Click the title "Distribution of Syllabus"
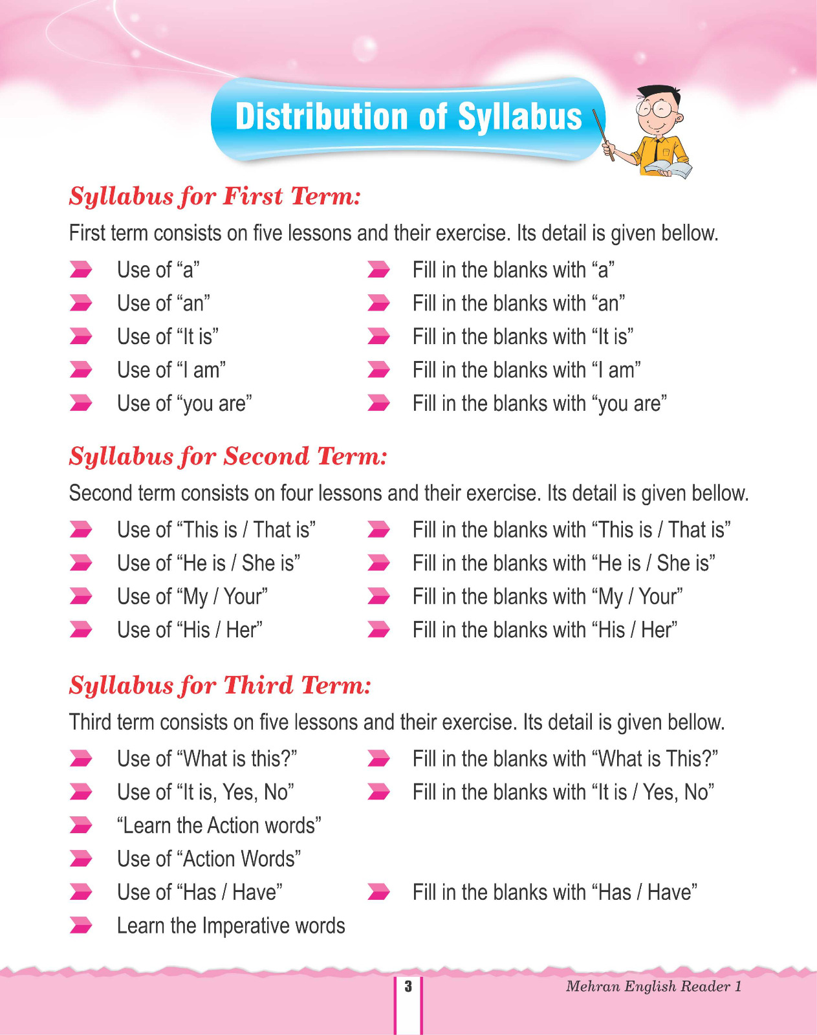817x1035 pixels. pos(408,117)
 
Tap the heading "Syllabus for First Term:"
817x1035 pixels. pos(214,196)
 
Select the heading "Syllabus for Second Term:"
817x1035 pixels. pos(228,456)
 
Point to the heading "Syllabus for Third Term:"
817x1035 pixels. pos(220,685)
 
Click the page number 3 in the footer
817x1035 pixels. pos(408,986)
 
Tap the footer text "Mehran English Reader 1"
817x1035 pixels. pos(653,986)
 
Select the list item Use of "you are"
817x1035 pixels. pos(184,404)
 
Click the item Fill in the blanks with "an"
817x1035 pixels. pos(519,303)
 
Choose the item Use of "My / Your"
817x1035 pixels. pos(192,596)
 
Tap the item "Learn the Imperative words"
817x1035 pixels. pos(231,926)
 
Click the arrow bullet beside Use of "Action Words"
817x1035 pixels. pos(81,859)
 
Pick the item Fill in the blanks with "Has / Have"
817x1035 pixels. pos(555,893)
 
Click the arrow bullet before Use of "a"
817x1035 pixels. pos(81,270)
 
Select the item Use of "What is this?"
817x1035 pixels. pos(207,759)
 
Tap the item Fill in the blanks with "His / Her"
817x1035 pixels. pos(545,630)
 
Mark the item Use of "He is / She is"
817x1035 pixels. pos(208,563)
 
